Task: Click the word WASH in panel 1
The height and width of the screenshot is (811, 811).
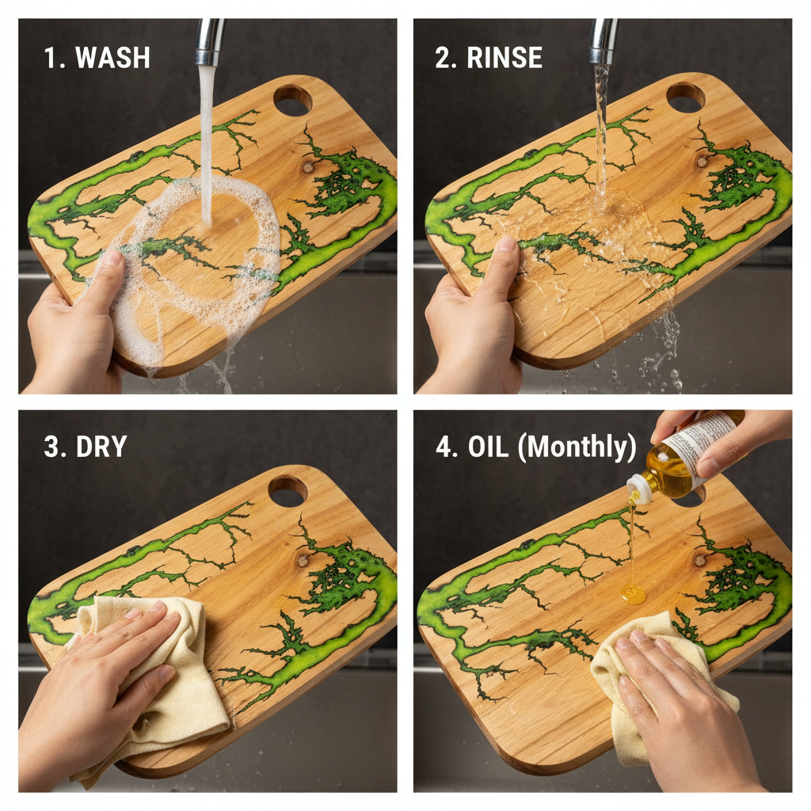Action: [x=113, y=58]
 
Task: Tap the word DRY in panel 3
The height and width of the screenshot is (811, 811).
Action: [x=101, y=447]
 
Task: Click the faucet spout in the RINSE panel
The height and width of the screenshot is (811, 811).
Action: [x=603, y=41]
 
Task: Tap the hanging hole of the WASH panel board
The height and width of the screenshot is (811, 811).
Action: [x=292, y=99]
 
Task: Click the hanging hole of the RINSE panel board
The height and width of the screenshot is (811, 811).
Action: [x=685, y=97]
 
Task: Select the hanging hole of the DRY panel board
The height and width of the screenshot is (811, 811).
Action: [x=287, y=490]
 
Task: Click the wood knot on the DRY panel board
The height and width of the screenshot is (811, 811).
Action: [x=303, y=560]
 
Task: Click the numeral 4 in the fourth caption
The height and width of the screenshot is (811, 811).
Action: [x=443, y=447]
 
